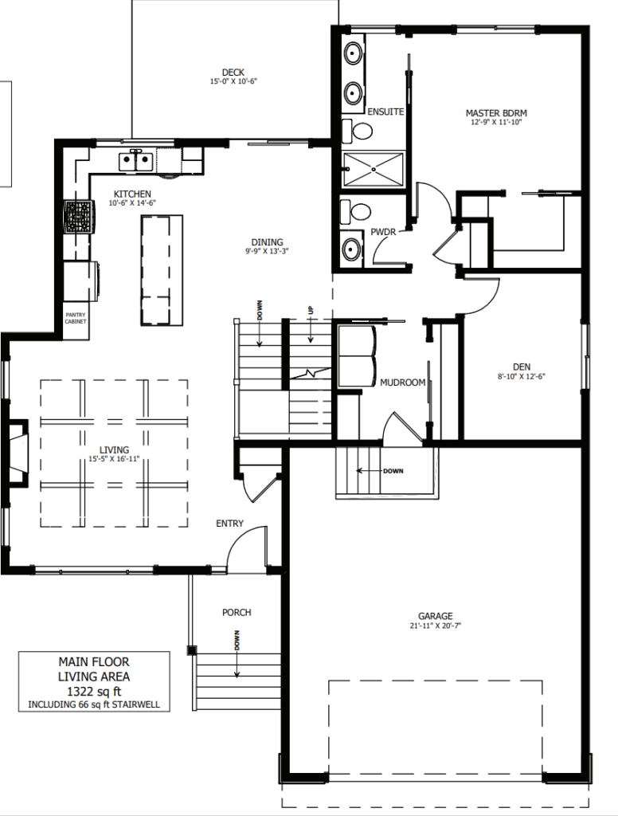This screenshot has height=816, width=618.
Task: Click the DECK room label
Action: click(x=233, y=73)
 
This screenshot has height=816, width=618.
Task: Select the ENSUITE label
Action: click(x=385, y=112)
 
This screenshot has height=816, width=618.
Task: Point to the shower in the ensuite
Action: click(x=374, y=168)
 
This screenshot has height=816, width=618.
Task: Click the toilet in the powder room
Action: click(x=356, y=212)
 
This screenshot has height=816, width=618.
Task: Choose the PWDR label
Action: click(x=383, y=232)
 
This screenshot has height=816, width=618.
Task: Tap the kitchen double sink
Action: click(x=135, y=161)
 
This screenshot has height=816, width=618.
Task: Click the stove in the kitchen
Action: click(x=80, y=217)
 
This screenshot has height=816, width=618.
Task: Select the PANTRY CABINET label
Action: click(x=76, y=318)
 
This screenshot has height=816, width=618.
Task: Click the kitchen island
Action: click(x=162, y=271)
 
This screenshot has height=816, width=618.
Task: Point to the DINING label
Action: click(x=268, y=242)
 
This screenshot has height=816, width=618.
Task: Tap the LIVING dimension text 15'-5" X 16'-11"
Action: click(x=114, y=459)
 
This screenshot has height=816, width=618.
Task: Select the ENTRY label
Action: click(x=229, y=524)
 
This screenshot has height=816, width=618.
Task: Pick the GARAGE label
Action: click(x=436, y=616)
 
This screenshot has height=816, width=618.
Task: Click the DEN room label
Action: click(x=522, y=367)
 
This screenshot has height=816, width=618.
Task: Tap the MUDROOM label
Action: click(x=403, y=382)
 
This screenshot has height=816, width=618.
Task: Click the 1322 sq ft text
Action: click(x=94, y=692)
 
